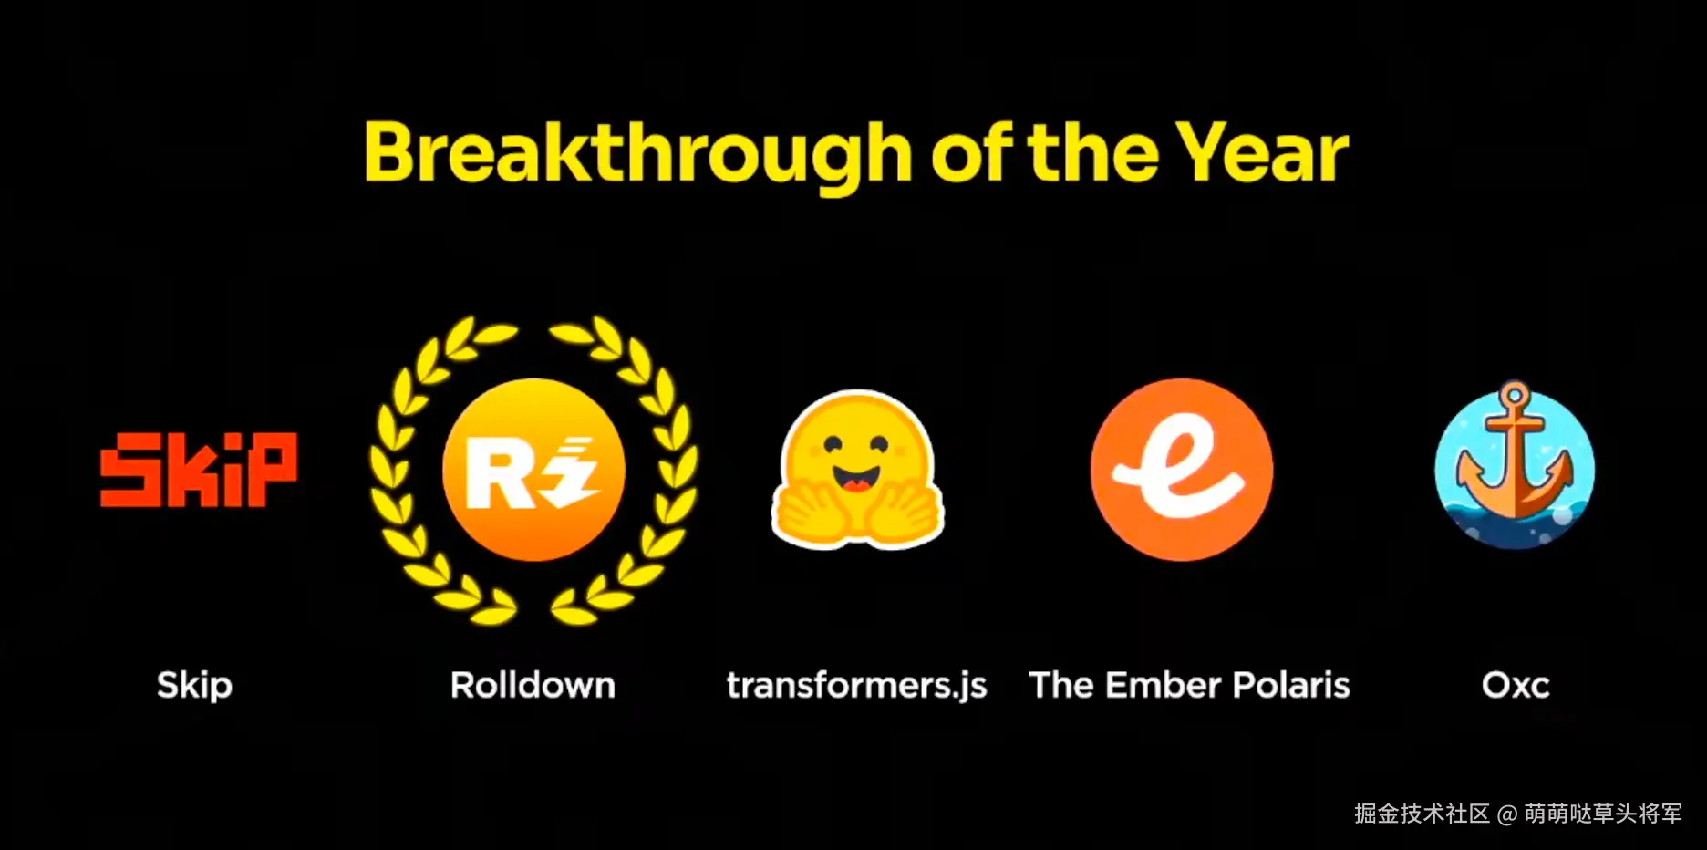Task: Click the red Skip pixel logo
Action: [x=199, y=469]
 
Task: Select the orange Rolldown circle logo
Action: [x=534, y=470]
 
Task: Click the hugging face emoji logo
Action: [x=857, y=469]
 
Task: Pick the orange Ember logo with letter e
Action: [x=1182, y=470]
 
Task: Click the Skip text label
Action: [x=194, y=685]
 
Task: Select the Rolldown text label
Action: [x=533, y=684]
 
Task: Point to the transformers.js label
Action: [x=857, y=686]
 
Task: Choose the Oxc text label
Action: [x=1516, y=685]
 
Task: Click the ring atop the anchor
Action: [x=1515, y=396]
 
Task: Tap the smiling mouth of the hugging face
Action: [x=856, y=480]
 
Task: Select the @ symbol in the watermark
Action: [x=1507, y=814]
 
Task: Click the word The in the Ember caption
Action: [x=1061, y=684]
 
